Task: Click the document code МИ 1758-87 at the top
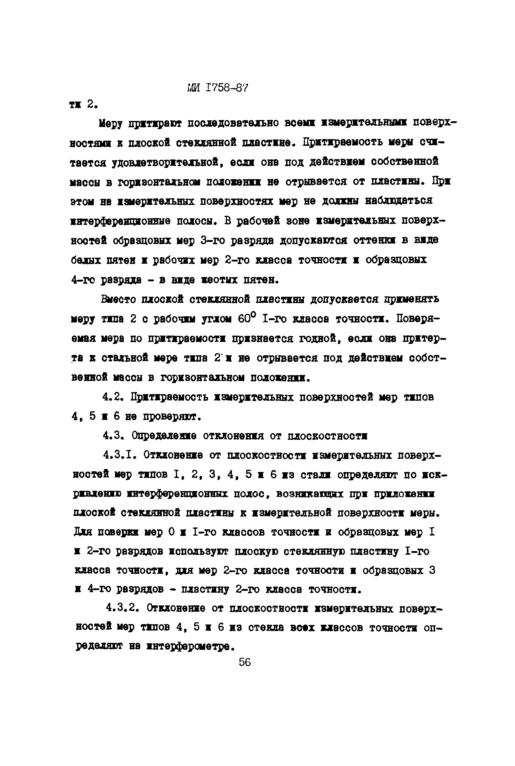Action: pyautogui.click(x=217, y=88)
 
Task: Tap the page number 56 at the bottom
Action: pyautogui.click(x=245, y=662)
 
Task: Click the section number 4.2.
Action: pyautogui.click(x=112, y=397)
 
